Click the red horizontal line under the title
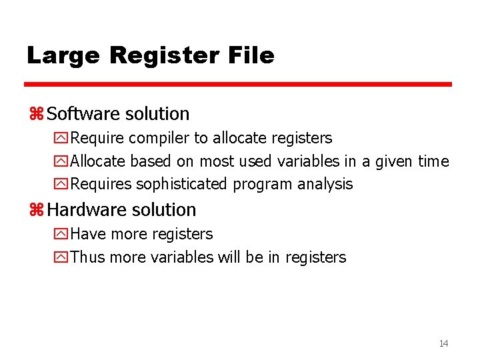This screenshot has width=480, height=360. coord(238,85)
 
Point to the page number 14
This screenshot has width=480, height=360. coord(443,343)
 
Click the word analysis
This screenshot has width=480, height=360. coord(327,184)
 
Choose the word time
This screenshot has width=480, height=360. coord(433,161)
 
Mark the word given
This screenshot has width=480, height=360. coord(394,161)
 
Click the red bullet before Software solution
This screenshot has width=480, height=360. coord(36,115)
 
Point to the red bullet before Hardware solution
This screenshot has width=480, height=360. coord(36,211)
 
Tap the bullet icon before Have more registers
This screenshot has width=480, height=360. coord(61,234)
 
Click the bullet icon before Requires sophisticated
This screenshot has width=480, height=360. coord(61,184)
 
